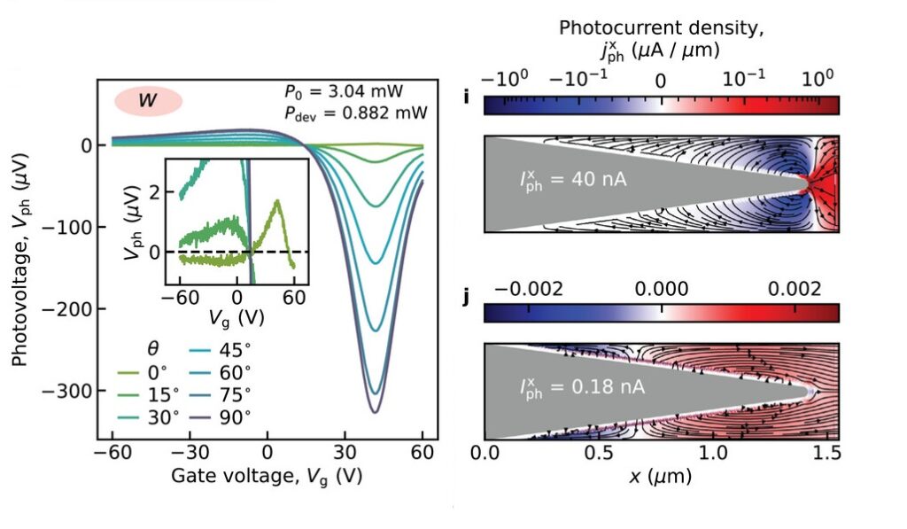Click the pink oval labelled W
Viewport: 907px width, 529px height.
coord(148,101)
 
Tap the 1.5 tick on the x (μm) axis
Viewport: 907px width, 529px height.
coord(830,454)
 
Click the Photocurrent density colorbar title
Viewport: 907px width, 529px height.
coord(661,38)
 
